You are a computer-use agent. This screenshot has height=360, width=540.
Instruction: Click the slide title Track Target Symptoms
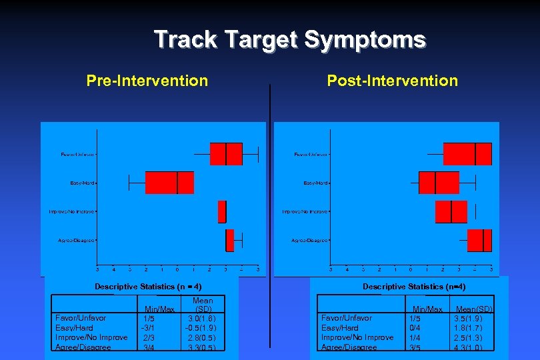[x=289, y=39]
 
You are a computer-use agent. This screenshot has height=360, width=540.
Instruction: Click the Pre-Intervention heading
[x=147, y=81]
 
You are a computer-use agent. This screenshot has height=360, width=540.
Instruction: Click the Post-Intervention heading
[x=392, y=81]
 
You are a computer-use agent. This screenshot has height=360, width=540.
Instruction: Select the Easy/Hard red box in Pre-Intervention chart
[x=169, y=183]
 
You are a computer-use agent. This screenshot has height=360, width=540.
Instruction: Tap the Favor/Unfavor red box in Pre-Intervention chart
[x=225, y=154]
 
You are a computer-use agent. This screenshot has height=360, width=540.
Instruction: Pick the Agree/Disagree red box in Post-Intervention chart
[x=479, y=240]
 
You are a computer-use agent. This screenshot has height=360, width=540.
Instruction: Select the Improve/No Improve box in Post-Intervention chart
[x=451, y=211]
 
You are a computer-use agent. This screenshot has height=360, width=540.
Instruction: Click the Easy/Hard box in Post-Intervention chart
[x=439, y=183]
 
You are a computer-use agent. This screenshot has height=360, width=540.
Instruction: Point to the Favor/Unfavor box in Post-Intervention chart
[x=467, y=154]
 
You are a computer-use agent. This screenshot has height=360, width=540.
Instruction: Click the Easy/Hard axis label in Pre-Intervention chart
[x=83, y=183]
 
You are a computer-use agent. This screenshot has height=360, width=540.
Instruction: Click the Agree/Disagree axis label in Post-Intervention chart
[x=310, y=240]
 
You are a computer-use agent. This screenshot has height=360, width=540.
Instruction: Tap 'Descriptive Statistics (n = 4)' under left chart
[x=148, y=287]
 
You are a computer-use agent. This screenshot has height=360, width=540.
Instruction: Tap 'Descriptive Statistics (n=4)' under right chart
[x=414, y=287]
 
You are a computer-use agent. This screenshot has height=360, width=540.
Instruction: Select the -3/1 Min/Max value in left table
[x=148, y=328]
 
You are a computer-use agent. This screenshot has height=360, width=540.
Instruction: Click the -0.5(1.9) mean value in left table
[x=202, y=328]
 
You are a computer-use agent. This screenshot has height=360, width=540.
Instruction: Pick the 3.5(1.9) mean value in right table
[x=473, y=319]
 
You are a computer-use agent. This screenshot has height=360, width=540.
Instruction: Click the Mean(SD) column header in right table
[x=474, y=309]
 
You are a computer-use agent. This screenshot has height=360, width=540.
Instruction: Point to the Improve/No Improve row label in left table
[x=91, y=337]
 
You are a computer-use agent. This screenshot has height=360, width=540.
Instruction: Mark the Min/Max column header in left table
[x=159, y=309]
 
